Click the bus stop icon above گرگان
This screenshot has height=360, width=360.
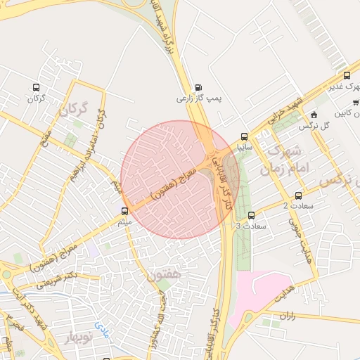click(x=37, y=88)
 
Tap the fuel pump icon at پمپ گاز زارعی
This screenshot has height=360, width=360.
click(x=198, y=88)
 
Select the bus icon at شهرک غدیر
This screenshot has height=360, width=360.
click(x=346, y=75)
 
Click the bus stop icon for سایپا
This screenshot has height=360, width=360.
click(x=244, y=136)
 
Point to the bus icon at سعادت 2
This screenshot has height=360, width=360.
click(x=299, y=196)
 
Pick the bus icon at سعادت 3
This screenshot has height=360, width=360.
click(x=251, y=215)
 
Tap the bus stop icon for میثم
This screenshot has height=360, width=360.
click(x=124, y=211)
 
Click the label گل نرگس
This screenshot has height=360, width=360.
click(x=314, y=126)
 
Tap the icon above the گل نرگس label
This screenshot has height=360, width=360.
click(x=314, y=114)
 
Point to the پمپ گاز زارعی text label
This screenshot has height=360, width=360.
click(x=198, y=99)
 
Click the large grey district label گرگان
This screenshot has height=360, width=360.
click(x=75, y=109)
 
